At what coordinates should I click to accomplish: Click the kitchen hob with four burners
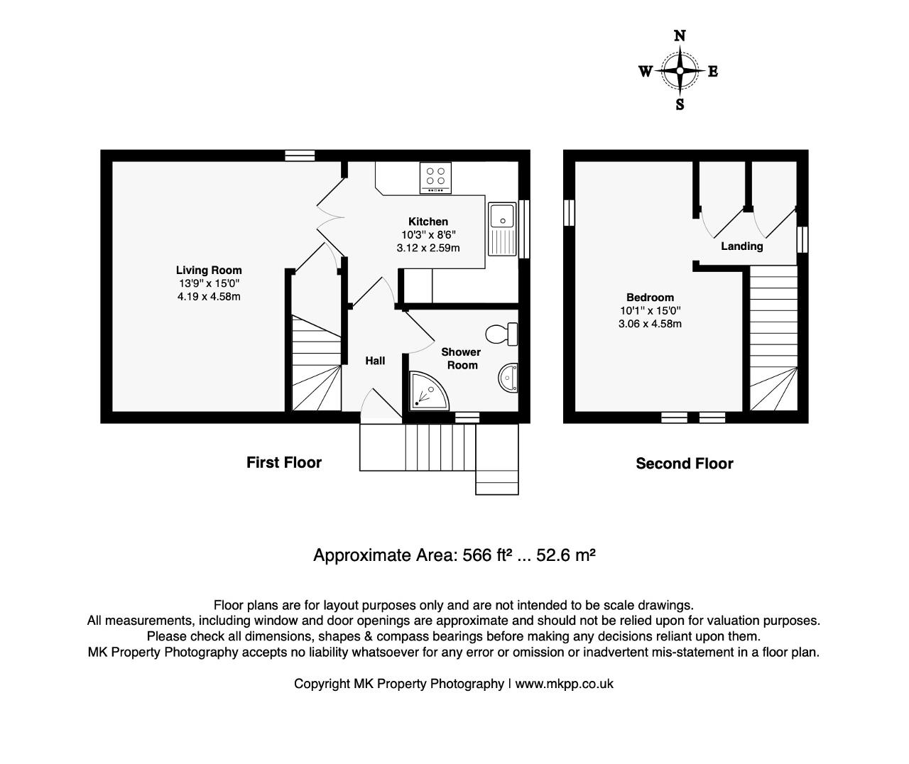click(x=435, y=178)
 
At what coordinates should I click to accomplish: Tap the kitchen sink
click(x=501, y=229)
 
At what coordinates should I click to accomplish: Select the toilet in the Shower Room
click(x=501, y=334)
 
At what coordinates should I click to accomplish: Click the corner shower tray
click(x=429, y=391)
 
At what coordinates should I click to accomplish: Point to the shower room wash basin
click(x=508, y=378)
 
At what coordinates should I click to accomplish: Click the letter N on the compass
click(x=680, y=36)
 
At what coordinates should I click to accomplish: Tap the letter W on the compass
click(x=646, y=71)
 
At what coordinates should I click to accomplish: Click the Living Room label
click(x=209, y=270)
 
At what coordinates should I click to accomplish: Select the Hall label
click(x=375, y=361)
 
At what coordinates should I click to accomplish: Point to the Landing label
click(x=742, y=246)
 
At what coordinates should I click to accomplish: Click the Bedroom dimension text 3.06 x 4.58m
click(x=650, y=324)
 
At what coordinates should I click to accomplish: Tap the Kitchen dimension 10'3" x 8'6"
click(x=428, y=234)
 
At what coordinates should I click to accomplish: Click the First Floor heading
click(x=284, y=462)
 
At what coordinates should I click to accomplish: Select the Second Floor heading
click(x=685, y=464)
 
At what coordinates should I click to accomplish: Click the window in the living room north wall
click(x=300, y=155)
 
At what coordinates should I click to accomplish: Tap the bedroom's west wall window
click(x=569, y=213)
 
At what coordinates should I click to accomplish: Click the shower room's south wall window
click(x=467, y=418)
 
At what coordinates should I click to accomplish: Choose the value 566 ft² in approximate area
click(x=486, y=555)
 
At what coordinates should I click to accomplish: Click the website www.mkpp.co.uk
click(x=564, y=684)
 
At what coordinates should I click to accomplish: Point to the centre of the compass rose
click(x=680, y=70)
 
